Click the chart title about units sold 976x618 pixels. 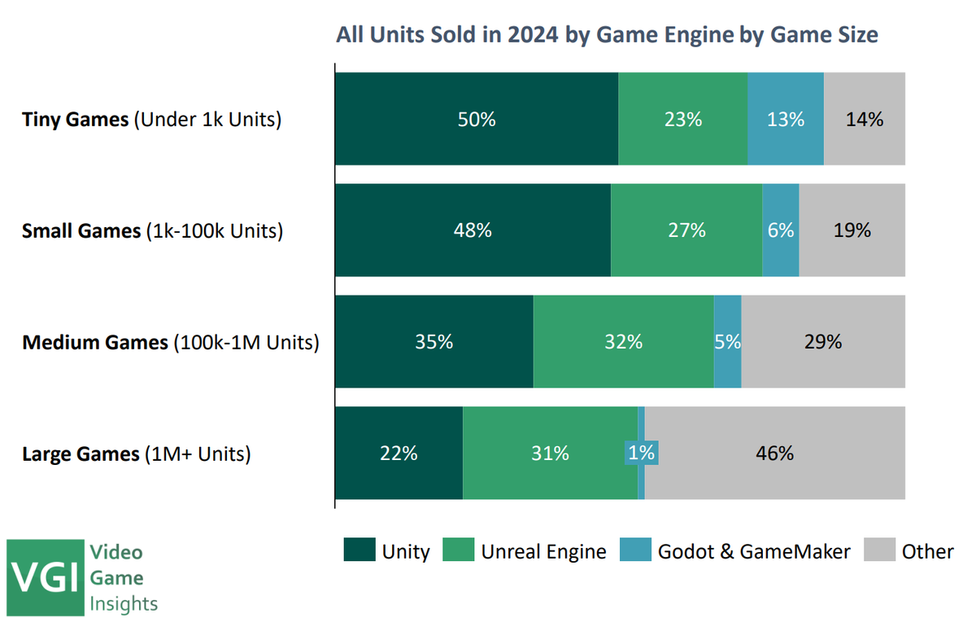click(608, 36)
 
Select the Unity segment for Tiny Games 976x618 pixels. click(477, 119)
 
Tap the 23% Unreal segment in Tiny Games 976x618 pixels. click(682, 119)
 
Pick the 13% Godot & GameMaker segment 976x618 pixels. click(786, 119)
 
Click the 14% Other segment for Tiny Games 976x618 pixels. click(865, 119)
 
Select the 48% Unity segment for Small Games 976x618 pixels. click(473, 230)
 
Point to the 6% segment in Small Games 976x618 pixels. click(780, 230)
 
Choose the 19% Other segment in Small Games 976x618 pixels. click(852, 230)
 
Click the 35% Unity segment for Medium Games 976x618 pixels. click(434, 342)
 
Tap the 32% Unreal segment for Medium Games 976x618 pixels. click(623, 342)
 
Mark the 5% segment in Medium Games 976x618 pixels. click(727, 342)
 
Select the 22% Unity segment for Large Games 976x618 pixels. click(399, 453)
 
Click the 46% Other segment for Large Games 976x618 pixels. click(774, 453)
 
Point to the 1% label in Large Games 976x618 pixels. click(641, 453)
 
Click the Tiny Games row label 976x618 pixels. click(151, 120)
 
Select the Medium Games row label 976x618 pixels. click(170, 343)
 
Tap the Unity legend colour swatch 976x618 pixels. click(359, 550)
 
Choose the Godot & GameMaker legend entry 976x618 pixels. click(735, 551)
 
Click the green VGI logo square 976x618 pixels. click(46, 576)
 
